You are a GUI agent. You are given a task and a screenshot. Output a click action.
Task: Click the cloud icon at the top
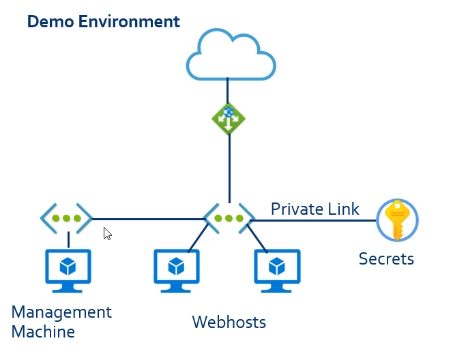click(x=231, y=55)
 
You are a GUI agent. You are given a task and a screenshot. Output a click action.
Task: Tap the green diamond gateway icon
click(x=229, y=117)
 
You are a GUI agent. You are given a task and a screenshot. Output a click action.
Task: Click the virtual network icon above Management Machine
click(x=66, y=219)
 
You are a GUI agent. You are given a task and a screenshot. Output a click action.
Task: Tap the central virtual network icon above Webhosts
click(x=229, y=219)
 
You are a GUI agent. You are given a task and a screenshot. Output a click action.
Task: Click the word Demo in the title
click(x=50, y=21)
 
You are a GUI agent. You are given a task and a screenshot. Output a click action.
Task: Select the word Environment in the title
click(x=129, y=21)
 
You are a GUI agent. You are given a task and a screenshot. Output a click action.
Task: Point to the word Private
click(x=295, y=209)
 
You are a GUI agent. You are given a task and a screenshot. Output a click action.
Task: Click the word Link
click(x=342, y=209)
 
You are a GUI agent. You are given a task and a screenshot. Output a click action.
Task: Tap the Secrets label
click(x=386, y=258)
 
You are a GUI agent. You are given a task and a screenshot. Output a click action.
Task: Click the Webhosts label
click(x=229, y=321)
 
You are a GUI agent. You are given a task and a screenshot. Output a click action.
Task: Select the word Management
click(x=61, y=312)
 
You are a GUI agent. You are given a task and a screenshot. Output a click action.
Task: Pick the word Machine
click(x=43, y=331)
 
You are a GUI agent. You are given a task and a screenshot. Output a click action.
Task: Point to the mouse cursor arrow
click(x=106, y=233)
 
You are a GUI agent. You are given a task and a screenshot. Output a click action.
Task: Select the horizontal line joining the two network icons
click(x=147, y=220)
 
